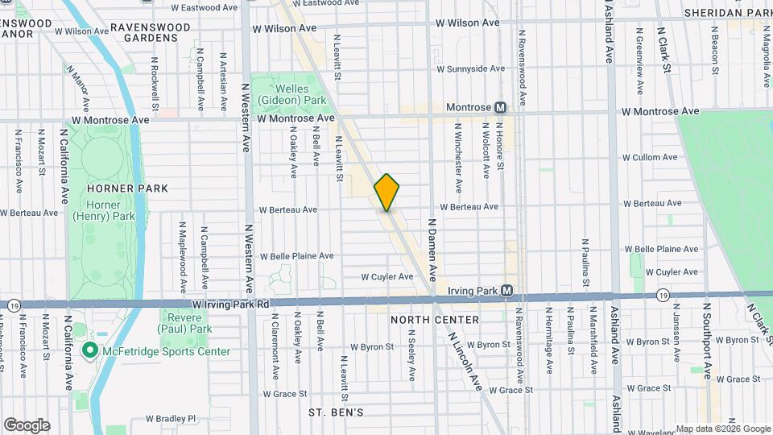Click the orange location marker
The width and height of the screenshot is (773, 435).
pyautogui.click(x=387, y=192)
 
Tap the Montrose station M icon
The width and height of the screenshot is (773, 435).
pyautogui.click(x=500, y=107)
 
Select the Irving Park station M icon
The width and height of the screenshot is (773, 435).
pyautogui.click(x=507, y=290)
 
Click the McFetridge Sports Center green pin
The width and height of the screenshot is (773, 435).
pyautogui.click(x=90, y=351)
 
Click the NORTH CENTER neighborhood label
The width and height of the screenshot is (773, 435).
pyautogui.click(x=434, y=320)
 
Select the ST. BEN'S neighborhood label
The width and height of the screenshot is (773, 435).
pyautogui.click(x=336, y=412)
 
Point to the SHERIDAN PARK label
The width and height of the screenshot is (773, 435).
pyautogui.click(x=727, y=13)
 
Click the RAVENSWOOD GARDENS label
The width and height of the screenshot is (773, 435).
pyautogui.click(x=151, y=32)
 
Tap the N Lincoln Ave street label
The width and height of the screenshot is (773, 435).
pyautogui.click(x=465, y=362)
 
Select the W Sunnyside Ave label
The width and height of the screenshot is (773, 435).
pyautogui.click(x=469, y=68)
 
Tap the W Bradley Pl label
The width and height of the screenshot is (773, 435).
pyautogui.click(x=171, y=419)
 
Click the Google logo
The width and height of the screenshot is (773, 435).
pyautogui.click(x=26, y=425)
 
